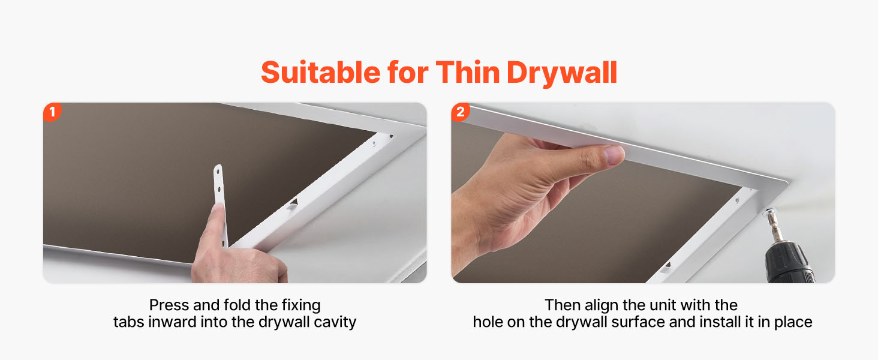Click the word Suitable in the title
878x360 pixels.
tap(321, 73)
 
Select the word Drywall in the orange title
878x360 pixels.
tap(562, 73)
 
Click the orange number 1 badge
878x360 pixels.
tap(52, 112)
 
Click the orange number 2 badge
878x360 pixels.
tap(460, 112)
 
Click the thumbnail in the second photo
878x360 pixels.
tap(614, 155)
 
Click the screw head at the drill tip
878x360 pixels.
tap(769, 212)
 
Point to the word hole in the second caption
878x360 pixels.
tap(488, 322)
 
